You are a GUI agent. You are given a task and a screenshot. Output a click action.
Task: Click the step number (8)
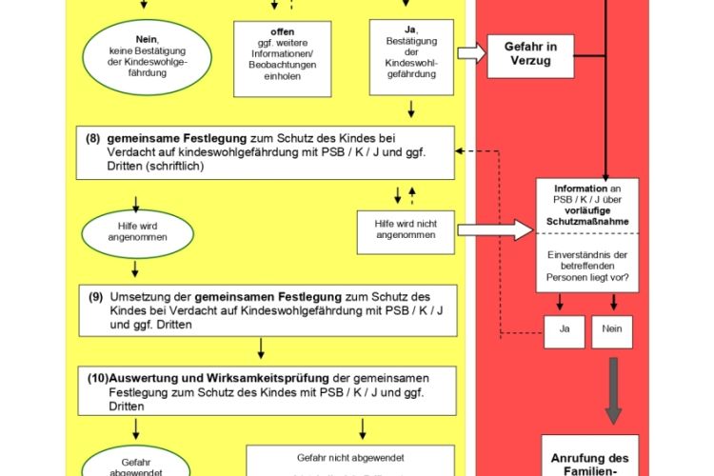(93, 137)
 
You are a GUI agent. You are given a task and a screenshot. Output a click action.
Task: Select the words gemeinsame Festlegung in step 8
(162, 137)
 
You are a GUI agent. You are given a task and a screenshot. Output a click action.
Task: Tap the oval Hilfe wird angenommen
(134, 231)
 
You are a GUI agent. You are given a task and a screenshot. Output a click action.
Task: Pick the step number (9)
(96, 296)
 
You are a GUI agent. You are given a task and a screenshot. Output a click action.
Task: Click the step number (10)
(98, 375)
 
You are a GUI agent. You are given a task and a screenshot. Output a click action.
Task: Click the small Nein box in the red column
(612, 331)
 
